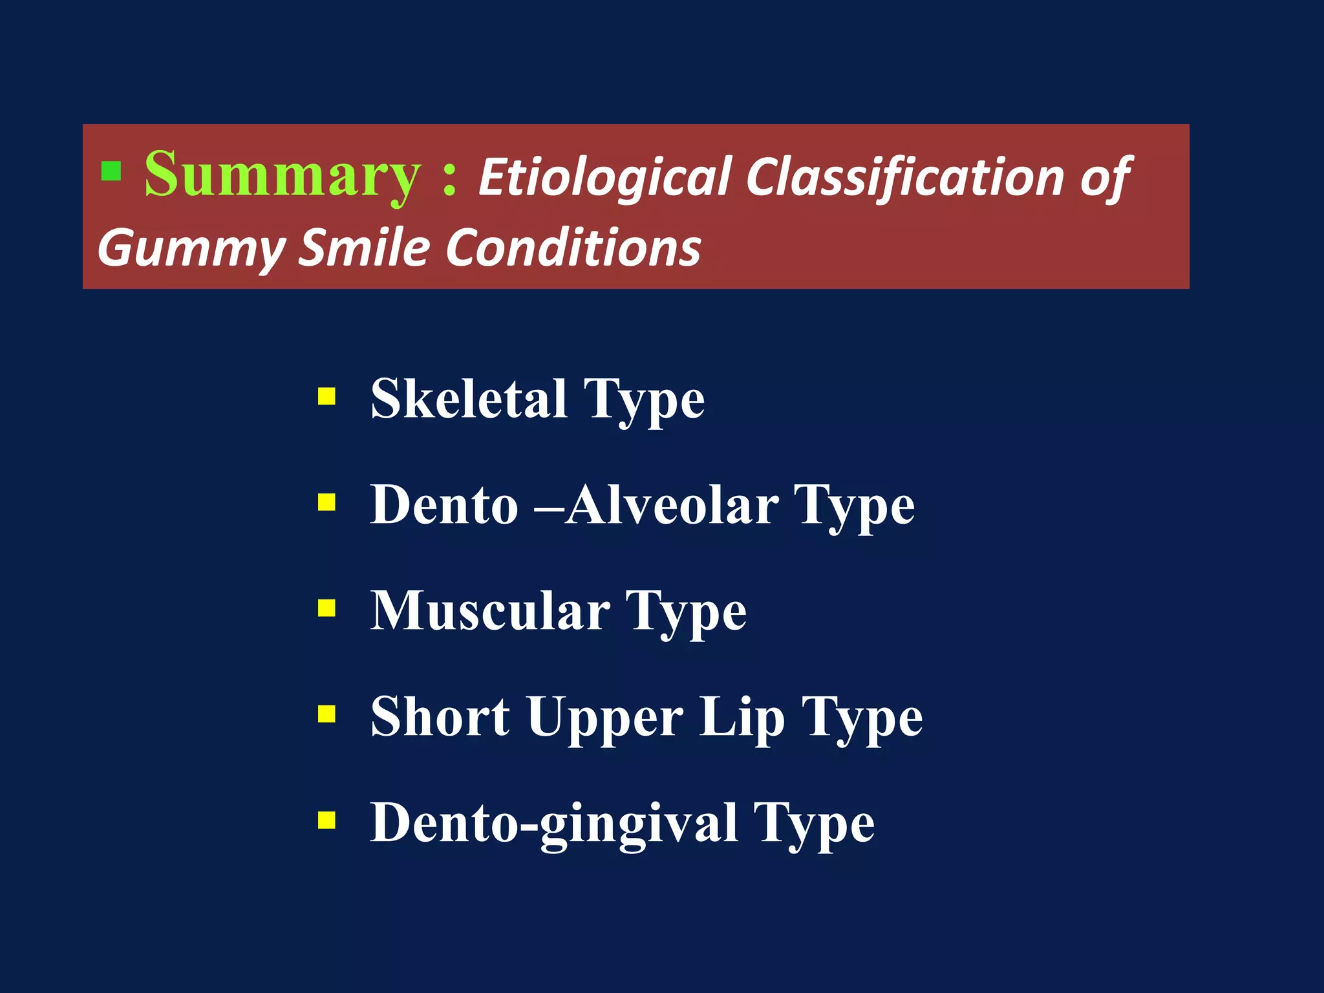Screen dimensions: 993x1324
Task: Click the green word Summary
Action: [282, 175]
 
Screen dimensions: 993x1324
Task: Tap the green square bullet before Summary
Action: [111, 171]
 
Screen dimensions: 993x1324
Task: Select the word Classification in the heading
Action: [905, 178]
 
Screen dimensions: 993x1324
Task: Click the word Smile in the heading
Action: [364, 248]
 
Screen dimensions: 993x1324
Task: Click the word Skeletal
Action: [469, 399]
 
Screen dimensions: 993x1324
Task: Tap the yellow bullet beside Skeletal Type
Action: [327, 396]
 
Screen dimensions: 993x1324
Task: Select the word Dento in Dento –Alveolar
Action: [444, 505]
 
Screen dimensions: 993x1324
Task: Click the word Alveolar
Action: [672, 505]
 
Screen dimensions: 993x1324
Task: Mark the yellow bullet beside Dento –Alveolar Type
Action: [327, 502]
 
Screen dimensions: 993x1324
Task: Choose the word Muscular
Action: [490, 611]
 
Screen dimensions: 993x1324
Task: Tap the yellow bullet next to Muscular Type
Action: [327, 608]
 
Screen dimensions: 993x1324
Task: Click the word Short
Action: [440, 717]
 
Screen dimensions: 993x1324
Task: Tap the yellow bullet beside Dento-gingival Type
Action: [327, 820]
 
